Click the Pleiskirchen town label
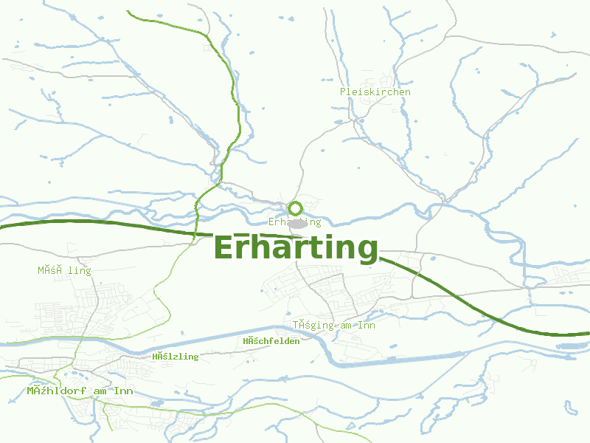tap(375, 92)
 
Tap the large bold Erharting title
tap(296, 247)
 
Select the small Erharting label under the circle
tap(295, 222)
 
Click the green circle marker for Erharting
tap(296, 208)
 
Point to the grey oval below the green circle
tap(297, 223)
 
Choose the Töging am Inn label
tap(334, 326)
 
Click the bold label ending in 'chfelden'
tap(271, 341)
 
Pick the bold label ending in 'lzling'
tap(176, 357)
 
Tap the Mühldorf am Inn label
tap(80, 391)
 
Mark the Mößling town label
tap(65, 271)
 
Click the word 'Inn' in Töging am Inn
tap(367, 326)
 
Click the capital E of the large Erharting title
tap(224, 247)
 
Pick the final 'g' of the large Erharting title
tap(367, 250)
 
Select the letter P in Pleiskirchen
tap(343, 92)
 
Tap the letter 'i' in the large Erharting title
tap(325, 247)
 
